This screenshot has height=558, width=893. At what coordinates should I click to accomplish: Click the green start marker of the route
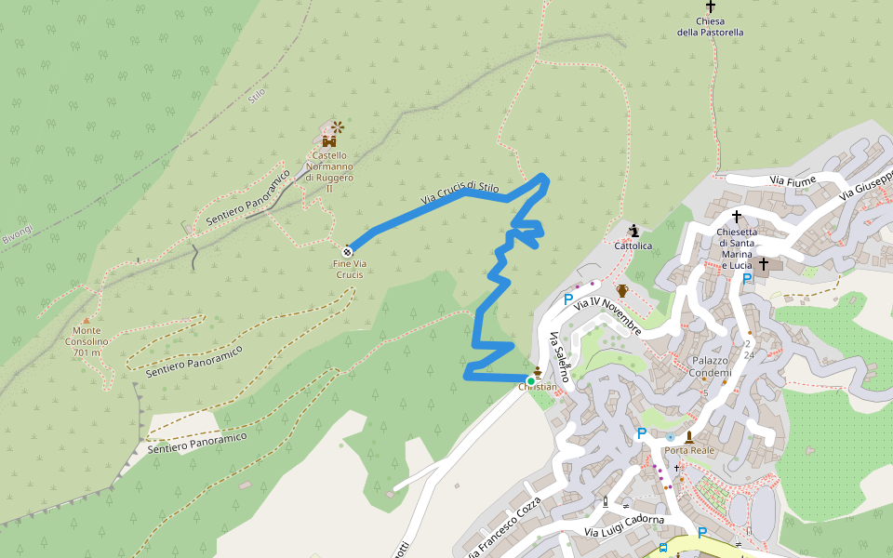pyautogui.click(x=530, y=380)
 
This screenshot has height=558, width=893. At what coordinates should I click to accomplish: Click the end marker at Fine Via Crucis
pyautogui.click(x=348, y=250)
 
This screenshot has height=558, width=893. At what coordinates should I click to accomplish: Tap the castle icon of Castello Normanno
pyautogui.click(x=328, y=140)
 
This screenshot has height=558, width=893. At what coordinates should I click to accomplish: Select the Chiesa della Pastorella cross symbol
pyautogui.click(x=711, y=6)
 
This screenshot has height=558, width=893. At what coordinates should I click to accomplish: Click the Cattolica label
pyautogui.click(x=633, y=246)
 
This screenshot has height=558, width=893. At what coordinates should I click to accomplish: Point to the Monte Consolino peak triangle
pyautogui.click(x=87, y=321)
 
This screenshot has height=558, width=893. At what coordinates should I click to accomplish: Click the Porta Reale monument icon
pyautogui.click(x=689, y=436)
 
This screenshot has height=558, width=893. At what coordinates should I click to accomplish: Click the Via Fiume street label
pyautogui.click(x=793, y=180)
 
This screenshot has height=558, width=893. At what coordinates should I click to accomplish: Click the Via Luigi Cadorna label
pyautogui.click(x=624, y=525)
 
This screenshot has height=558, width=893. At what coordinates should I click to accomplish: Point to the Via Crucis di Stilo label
pyautogui.click(x=460, y=193)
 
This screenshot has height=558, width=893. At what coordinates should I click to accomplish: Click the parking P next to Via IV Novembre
pyautogui.click(x=567, y=299)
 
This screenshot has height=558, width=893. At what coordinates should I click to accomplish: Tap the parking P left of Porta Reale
pyautogui.click(x=641, y=433)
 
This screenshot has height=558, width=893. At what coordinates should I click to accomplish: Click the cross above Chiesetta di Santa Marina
pyautogui.click(x=737, y=217)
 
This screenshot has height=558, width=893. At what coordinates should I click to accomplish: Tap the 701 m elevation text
pyautogui.click(x=86, y=352)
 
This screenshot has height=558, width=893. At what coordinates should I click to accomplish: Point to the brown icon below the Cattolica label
pyautogui.click(x=622, y=291)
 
